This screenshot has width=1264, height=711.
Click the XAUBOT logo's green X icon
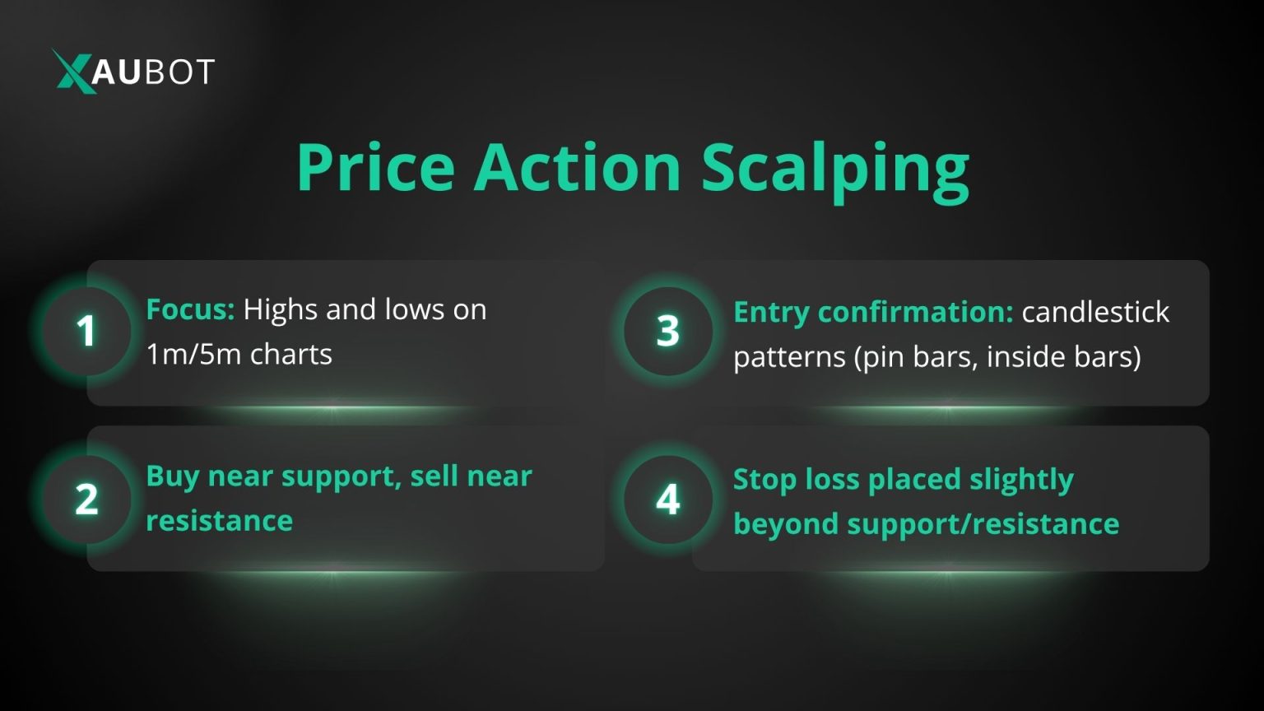coord(74,71)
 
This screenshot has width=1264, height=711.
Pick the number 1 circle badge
coord(86,332)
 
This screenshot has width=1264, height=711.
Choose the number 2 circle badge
coord(86,500)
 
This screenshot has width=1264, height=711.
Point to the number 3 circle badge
coord(667,332)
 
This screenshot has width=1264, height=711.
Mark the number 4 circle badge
coord(667,500)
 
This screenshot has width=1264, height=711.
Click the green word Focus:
coord(190,309)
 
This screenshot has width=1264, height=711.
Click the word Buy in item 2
coord(173,476)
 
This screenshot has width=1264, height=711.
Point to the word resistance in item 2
coord(219,521)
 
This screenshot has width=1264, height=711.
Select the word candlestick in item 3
coord(1095,312)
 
